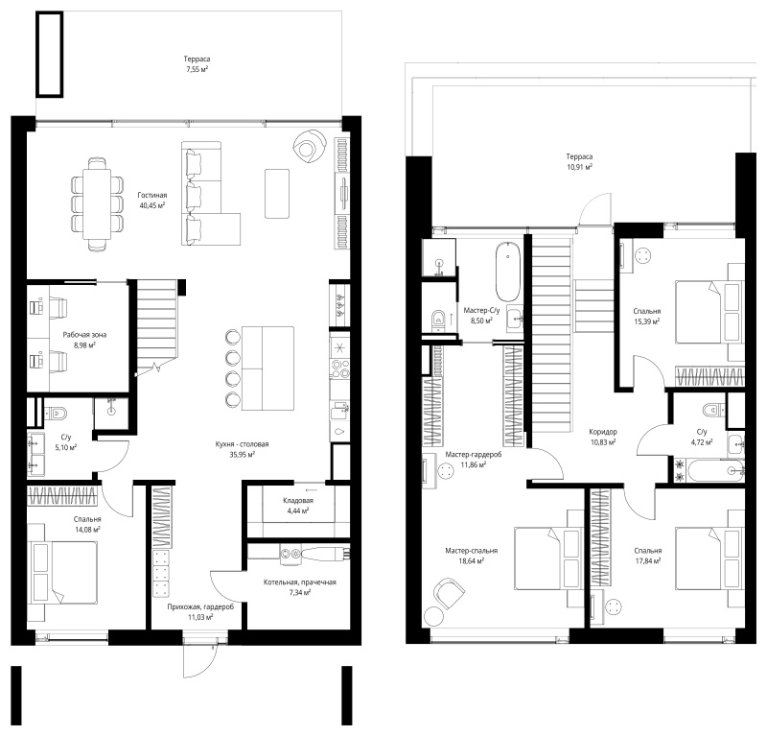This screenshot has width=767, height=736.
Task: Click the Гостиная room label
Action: pos(152,195)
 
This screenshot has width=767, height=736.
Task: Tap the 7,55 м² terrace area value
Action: pos(198,69)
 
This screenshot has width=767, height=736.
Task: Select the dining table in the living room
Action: pos(97,203)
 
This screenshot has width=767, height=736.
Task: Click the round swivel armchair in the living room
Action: pos(310,145)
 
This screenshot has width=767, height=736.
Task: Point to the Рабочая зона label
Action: pos(84,335)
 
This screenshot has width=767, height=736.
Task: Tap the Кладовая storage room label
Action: pos(298,501)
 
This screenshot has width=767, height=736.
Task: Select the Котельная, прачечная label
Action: pos(300,582)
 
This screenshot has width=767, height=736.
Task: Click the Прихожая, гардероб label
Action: pos(200,606)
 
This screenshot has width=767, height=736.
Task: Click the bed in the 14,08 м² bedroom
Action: pos(64,572)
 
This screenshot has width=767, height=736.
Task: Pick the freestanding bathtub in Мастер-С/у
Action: pos(508,271)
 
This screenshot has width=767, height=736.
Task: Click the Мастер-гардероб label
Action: pos(473,455)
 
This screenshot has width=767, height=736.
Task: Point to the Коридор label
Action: pos(603,432)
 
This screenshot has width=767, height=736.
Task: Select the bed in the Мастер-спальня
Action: pos(547,558)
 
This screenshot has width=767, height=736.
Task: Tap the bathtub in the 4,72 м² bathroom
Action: pos(715,471)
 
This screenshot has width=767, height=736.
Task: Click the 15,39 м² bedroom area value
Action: pos(646,321)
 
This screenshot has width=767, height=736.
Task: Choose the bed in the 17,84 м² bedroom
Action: pos(709,558)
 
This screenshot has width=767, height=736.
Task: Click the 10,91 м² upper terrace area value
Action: pos(579,167)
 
